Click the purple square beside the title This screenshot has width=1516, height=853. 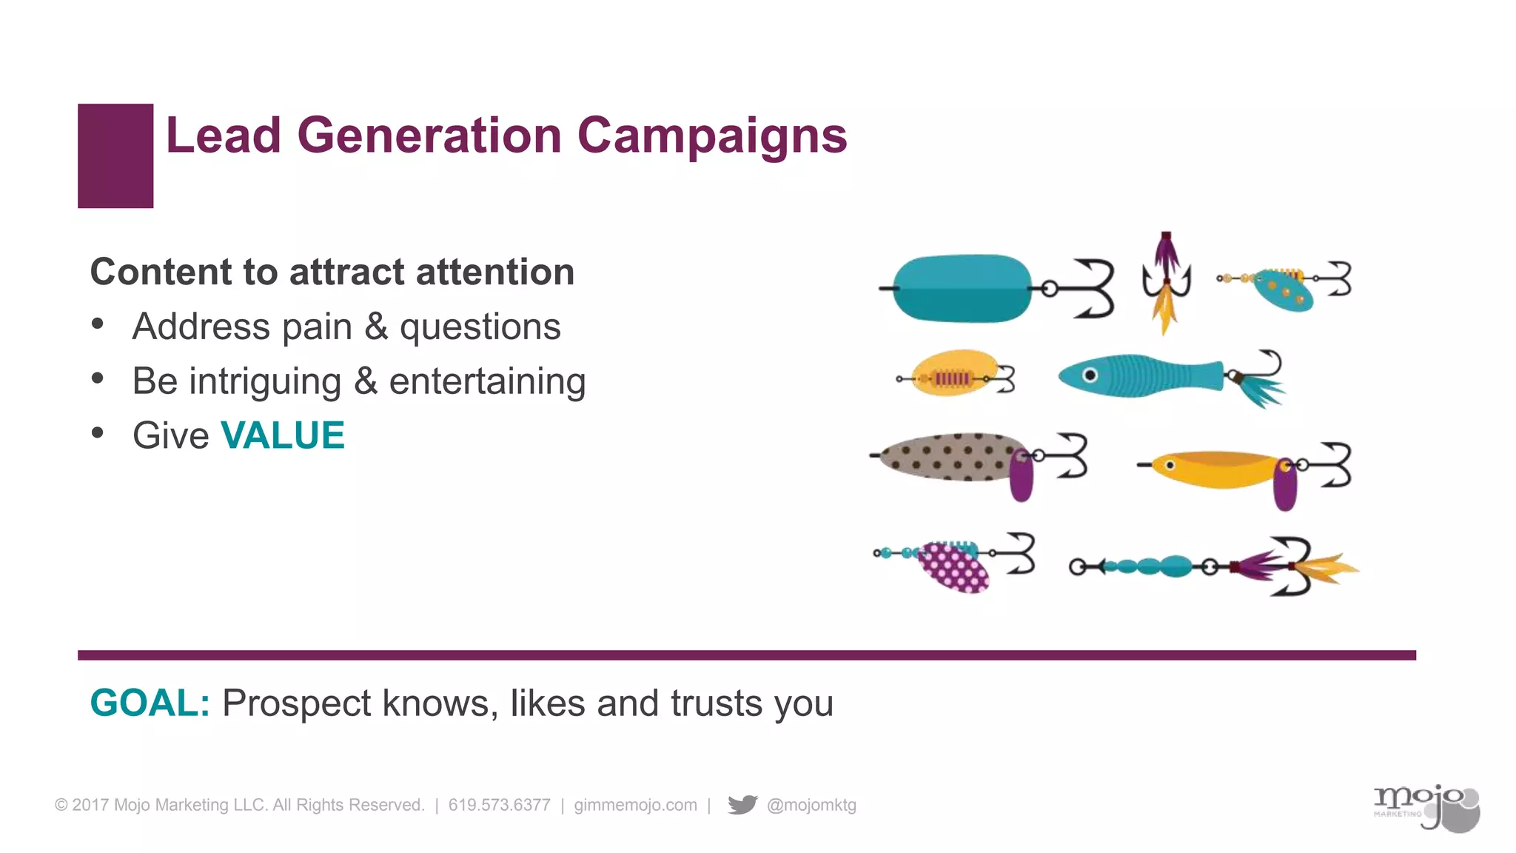115,155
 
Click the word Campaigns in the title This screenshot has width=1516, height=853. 711,136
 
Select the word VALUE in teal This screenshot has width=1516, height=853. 283,435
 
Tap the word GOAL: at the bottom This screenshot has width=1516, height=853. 150,703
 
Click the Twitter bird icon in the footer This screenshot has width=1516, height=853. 742,804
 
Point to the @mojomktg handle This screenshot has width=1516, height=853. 811,805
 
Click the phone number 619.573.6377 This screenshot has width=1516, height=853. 499,805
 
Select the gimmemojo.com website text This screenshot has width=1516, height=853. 635,805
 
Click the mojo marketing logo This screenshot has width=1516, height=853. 1425,807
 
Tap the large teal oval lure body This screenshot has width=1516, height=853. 962,289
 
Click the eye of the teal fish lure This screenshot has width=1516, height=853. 1090,375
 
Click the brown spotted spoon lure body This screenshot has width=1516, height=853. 947,457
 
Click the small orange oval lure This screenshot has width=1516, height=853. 955,372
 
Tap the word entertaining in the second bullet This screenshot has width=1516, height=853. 487,381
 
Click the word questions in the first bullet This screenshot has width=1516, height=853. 480,327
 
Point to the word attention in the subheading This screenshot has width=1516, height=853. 494,272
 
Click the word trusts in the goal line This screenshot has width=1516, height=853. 716,703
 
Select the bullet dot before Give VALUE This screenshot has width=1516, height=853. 98,433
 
